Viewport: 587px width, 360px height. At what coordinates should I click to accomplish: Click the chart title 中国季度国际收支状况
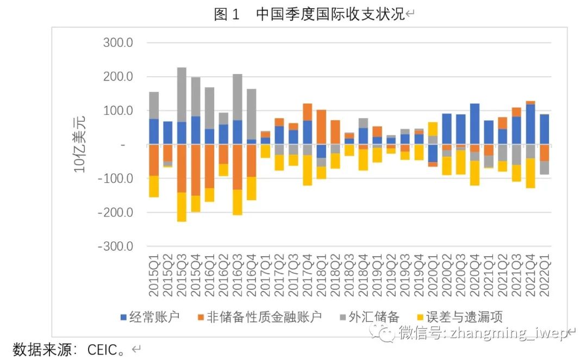[330, 15]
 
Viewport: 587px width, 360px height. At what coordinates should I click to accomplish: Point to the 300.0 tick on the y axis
[118, 42]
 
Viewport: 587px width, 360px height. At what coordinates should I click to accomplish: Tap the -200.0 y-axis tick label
[116, 212]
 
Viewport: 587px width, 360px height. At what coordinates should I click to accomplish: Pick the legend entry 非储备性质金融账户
[264, 316]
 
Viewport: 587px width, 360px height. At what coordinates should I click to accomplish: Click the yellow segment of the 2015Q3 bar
[182, 207]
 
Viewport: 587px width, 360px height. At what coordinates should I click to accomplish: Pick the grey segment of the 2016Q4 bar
[252, 114]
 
